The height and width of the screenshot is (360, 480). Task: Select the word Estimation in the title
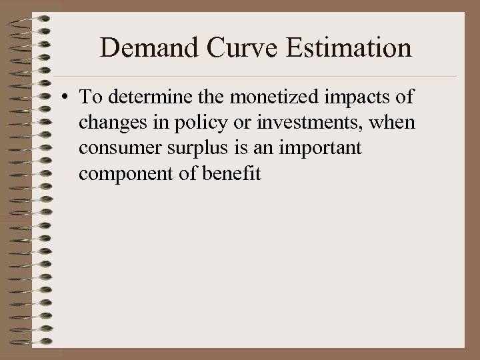339,47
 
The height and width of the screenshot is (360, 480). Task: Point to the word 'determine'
141,97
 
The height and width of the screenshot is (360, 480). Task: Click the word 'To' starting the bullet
89,97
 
